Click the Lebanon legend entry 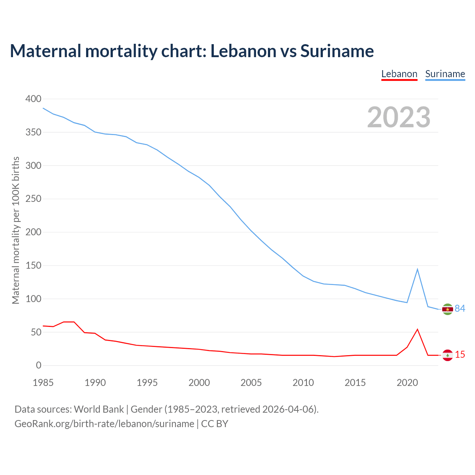[399, 74]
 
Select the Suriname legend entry [445, 74]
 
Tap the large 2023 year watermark [399, 117]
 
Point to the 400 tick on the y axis [33, 99]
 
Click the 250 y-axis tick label [33, 199]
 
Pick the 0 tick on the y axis [39, 366]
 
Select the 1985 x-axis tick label [43, 383]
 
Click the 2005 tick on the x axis [251, 383]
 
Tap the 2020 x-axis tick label [407, 383]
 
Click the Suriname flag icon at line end [448, 309]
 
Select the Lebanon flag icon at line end [448, 355]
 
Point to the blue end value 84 [460, 309]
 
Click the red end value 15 [460, 355]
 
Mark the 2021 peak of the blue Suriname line [417, 269]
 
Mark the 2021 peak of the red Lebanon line [417, 329]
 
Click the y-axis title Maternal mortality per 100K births [16, 230]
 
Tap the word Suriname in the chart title [337, 51]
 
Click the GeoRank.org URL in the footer [104, 424]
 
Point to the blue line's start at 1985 [43, 108]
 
